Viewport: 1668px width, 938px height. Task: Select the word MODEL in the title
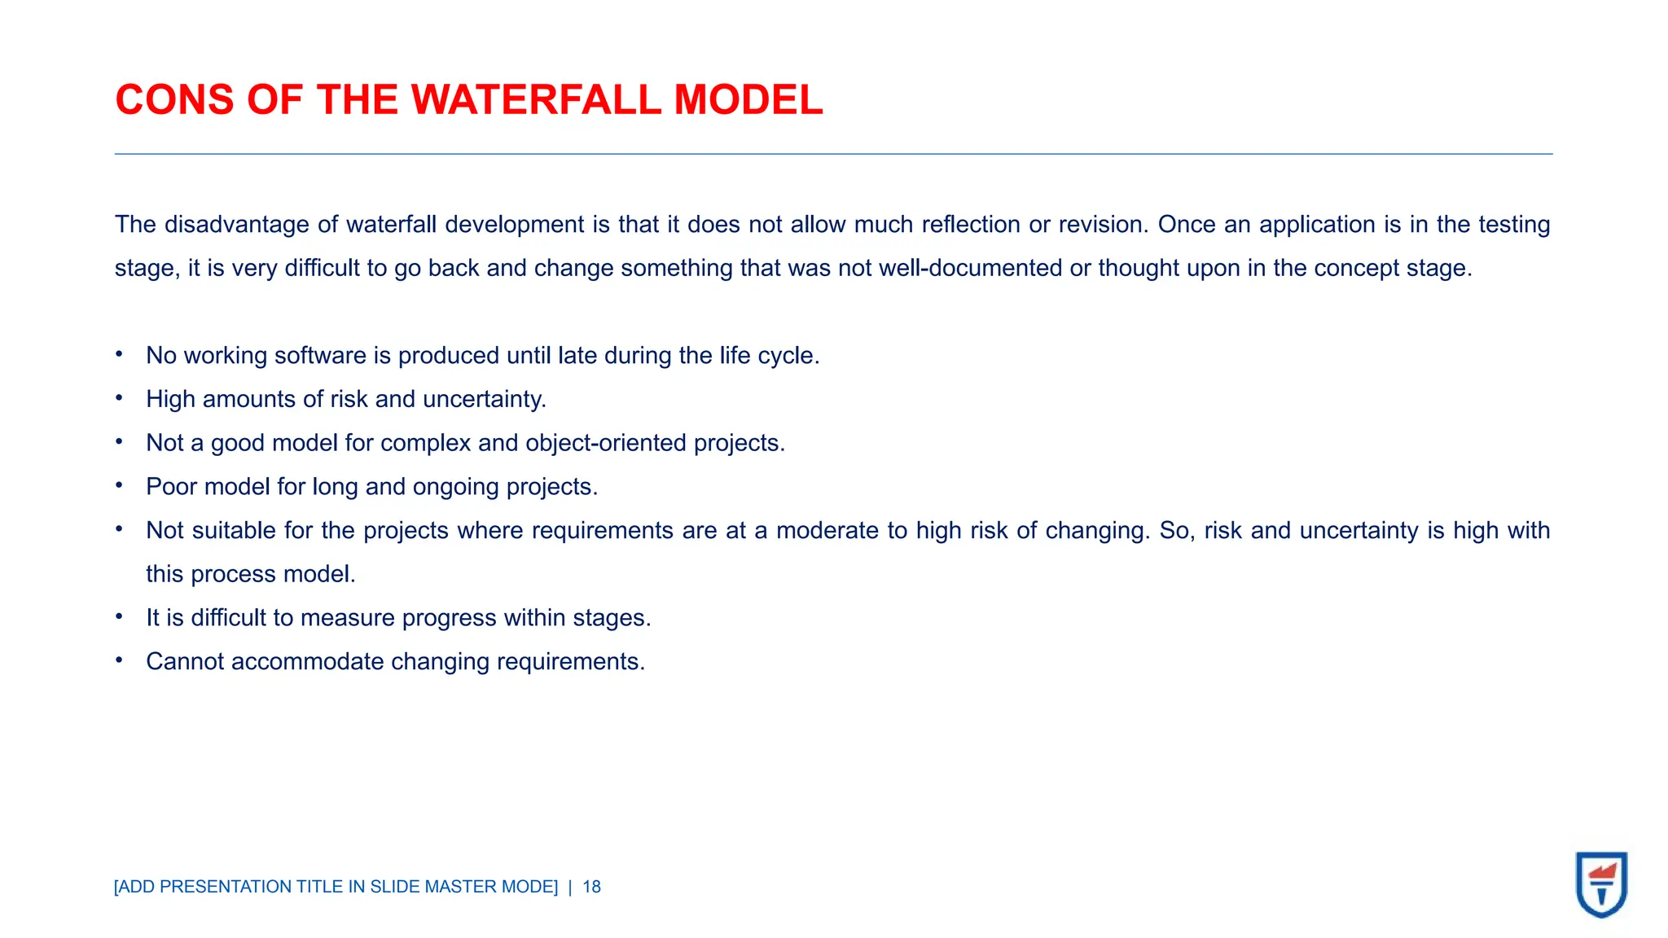(748, 100)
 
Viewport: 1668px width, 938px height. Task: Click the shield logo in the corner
(1601, 884)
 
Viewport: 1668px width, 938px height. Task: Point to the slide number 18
(592, 887)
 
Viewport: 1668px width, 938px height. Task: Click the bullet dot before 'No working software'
(119, 354)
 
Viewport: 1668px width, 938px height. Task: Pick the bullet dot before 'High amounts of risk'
(119, 398)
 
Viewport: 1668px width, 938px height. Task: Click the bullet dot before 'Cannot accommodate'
(119, 660)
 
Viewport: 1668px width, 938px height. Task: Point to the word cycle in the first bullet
(787, 356)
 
